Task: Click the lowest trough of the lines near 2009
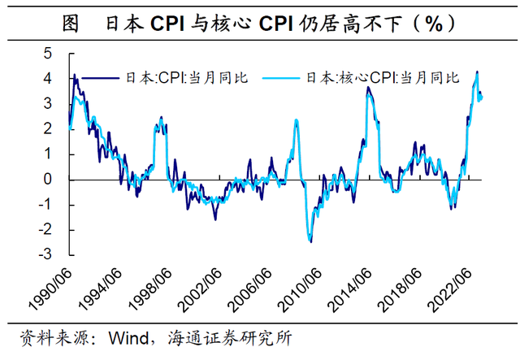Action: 310,241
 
